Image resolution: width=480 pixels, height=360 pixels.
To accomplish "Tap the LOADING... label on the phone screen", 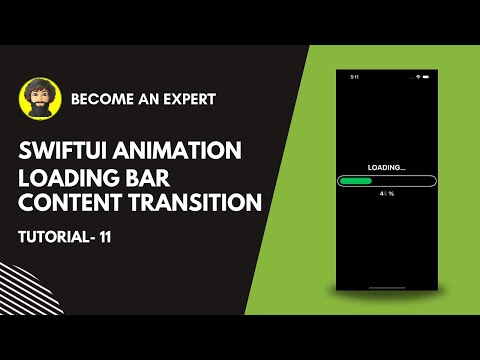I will coord(386,167).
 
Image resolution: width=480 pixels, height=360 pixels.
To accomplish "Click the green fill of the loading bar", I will coord(356,181).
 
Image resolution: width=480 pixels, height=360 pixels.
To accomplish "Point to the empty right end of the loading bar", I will coord(410,181).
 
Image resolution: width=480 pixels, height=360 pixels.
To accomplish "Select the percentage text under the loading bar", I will coord(386,195).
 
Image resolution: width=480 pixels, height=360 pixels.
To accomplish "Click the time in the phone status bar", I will coord(354,77).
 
